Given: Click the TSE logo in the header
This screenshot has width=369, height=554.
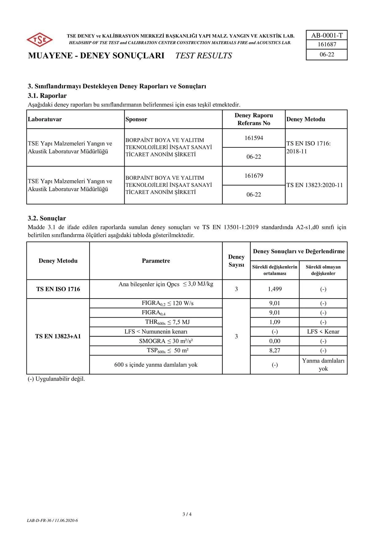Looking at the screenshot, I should [39, 40].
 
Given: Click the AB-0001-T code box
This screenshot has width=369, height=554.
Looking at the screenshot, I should [327, 35].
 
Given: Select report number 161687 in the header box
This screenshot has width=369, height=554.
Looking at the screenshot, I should [327, 44].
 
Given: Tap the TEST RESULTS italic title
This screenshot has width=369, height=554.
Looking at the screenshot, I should [204, 56].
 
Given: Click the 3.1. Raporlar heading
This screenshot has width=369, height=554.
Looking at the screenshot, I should [47, 96].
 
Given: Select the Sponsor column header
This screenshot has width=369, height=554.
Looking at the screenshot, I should [136, 119].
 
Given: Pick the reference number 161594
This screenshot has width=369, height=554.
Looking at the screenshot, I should [254, 138].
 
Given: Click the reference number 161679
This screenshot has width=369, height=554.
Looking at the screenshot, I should [254, 176].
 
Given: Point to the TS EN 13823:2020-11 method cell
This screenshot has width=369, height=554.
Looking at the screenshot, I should [315, 185].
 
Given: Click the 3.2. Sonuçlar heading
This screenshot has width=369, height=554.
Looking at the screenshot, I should [47, 219].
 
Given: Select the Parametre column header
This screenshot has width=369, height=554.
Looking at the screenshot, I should [156, 261].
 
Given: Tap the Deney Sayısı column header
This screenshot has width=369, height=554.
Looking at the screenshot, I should [236, 261].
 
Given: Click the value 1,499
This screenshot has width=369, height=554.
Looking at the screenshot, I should [275, 289].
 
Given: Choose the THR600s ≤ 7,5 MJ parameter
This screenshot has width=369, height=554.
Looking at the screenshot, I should [167, 322].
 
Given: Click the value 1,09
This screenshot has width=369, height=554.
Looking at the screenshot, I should [275, 322].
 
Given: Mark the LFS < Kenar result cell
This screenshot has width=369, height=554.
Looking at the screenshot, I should [323, 331].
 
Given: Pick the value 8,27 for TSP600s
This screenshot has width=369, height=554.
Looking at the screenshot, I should [275, 351].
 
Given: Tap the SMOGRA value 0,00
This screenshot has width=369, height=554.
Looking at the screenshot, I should [275, 341].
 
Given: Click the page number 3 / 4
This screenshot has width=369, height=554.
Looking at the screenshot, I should [187, 514].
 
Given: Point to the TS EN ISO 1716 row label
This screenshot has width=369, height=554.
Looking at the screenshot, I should [58, 289].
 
